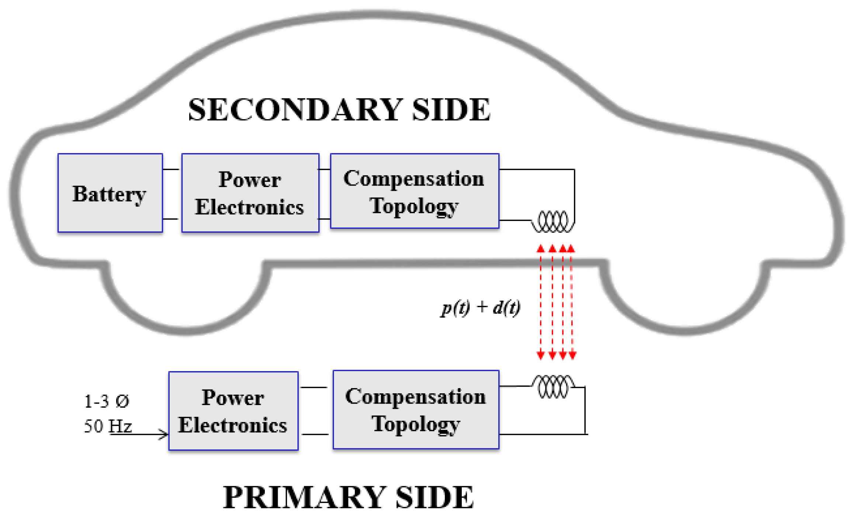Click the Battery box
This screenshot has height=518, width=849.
coord(110,193)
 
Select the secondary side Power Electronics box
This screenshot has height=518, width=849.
coord(250,193)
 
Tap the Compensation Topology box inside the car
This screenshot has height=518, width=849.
coord(414,191)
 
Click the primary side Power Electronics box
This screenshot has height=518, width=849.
coord(233,411)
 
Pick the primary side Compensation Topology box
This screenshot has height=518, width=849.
coord(416,410)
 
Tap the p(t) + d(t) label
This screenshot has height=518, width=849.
coord(480,307)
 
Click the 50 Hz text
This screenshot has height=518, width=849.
coord(108,426)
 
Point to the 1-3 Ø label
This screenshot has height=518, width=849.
coord(107,401)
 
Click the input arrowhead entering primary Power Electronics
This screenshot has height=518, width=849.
coord(164,434)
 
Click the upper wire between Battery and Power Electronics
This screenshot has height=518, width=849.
coord(171,169)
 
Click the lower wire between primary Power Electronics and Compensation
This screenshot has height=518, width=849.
coord(315,434)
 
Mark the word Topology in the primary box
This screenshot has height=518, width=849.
coord(416,424)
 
